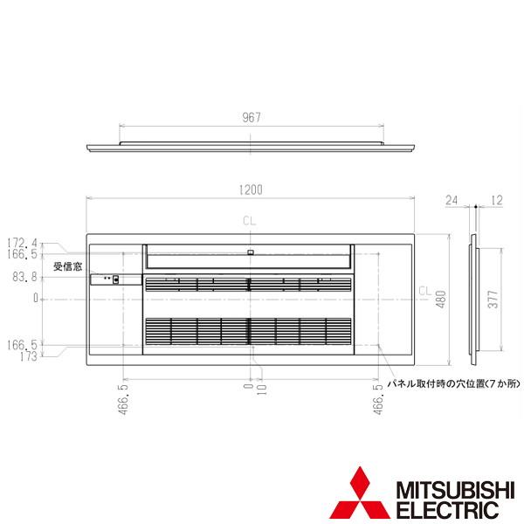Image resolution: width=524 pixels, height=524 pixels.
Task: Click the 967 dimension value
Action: pyautogui.click(x=251, y=118)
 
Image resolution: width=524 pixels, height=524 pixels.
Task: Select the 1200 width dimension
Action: pyautogui.click(x=251, y=189)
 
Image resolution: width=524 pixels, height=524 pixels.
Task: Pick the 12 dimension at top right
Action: pyautogui.click(x=495, y=200)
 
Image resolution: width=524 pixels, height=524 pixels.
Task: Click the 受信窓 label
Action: pyautogui.click(x=67, y=266)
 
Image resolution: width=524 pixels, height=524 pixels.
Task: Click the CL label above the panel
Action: pyautogui.click(x=251, y=222)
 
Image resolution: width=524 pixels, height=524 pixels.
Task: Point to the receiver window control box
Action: pyautogui.click(x=114, y=280)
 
